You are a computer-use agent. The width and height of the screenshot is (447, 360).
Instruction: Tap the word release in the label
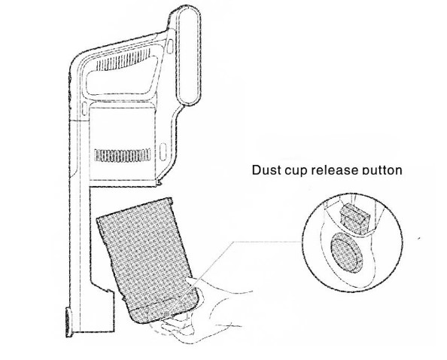click(x=334, y=170)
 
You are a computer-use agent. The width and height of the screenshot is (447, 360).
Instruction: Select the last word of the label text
click(x=382, y=170)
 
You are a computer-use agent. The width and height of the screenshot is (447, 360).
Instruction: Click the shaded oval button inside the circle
click(x=346, y=252)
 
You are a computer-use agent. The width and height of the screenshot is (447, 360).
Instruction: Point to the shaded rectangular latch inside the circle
click(x=354, y=218)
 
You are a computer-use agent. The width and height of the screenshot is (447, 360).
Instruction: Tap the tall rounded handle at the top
click(x=188, y=56)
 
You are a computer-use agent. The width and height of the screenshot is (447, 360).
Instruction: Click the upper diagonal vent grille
click(x=123, y=60)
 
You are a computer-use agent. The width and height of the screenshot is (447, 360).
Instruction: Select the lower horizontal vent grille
click(x=123, y=155)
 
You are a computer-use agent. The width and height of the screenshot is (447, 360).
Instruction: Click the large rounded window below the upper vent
click(x=122, y=76)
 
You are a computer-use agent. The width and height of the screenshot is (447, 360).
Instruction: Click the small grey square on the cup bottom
click(x=167, y=314)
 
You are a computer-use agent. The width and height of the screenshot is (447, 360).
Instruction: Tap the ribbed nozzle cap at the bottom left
click(x=68, y=322)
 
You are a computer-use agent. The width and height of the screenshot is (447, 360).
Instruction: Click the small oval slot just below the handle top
click(x=170, y=47)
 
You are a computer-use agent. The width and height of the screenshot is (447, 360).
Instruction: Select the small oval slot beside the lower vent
click(x=163, y=152)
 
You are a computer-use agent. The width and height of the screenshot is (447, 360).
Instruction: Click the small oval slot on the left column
click(x=84, y=108)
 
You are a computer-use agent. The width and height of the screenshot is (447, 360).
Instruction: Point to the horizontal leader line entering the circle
click(x=268, y=242)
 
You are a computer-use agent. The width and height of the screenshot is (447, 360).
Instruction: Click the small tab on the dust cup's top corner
click(x=171, y=201)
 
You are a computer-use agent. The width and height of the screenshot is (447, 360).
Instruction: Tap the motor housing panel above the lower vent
click(x=123, y=127)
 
